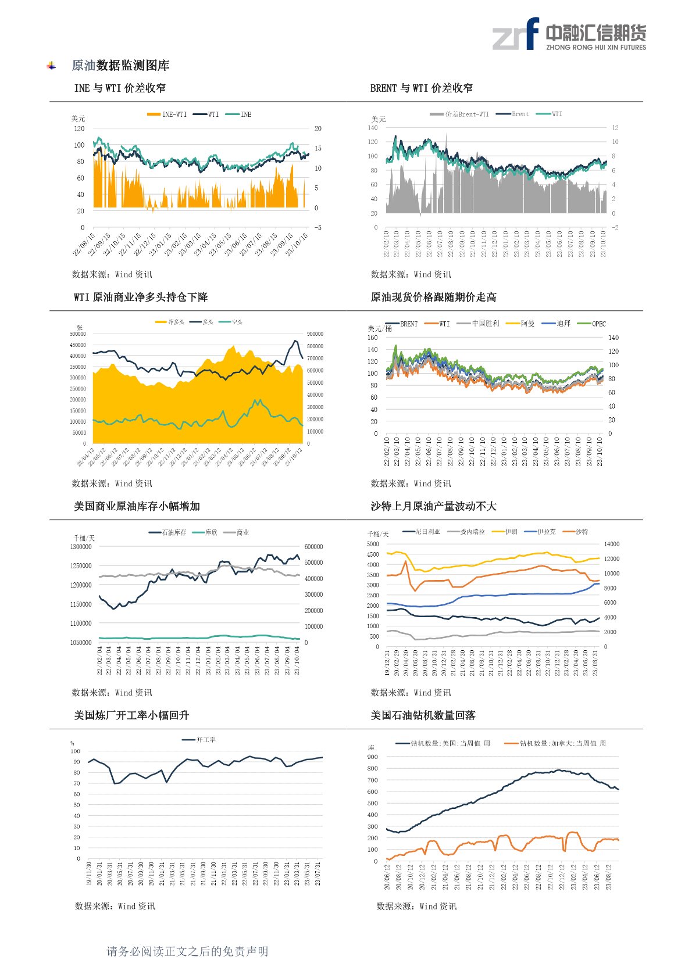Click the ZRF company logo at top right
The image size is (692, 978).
[x=569, y=34]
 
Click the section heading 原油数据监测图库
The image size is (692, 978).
[x=120, y=66]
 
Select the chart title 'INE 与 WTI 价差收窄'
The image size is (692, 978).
[x=120, y=88]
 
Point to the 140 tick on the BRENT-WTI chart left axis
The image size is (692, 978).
[x=373, y=128]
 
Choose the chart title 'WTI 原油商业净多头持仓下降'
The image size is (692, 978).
[x=141, y=298]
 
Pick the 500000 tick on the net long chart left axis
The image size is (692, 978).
[x=78, y=334]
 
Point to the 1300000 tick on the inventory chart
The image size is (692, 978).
[x=81, y=547]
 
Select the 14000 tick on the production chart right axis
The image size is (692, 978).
[x=612, y=544]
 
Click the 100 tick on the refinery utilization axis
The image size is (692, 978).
[x=76, y=751]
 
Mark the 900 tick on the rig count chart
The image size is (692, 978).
[x=372, y=757]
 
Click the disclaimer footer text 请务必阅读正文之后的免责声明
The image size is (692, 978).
[x=187, y=951]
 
